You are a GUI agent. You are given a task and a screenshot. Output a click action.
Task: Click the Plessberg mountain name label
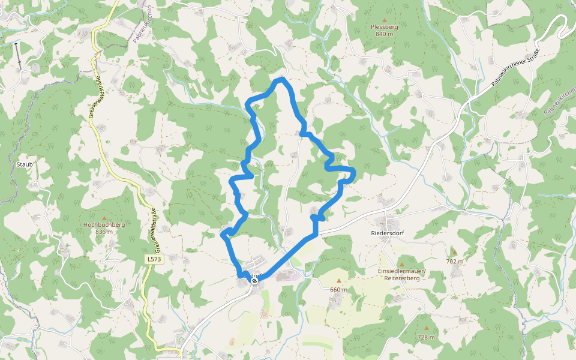[x=385, y=27]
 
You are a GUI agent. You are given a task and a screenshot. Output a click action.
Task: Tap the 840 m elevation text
[x=385, y=34]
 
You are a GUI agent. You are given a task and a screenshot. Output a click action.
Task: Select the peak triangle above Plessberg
[x=385, y=20]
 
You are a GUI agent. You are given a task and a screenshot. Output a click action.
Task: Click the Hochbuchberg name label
[x=104, y=224]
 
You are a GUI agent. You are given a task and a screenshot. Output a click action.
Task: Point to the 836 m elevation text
[x=104, y=232]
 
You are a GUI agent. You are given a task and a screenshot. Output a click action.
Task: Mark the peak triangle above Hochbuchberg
[x=104, y=217]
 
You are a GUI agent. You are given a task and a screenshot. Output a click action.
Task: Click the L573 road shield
[x=154, y=259]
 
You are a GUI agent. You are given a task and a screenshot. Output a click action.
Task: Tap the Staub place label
[x=24, y=164]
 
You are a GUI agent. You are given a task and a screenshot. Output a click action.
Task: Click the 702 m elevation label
[x=455, y=262]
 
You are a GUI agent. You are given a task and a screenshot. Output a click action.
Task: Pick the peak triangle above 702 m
[x=454, y=253]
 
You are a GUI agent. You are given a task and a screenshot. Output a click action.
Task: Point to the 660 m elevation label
[x=338, y=289]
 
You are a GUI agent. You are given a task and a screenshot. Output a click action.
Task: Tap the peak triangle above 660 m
[x=338, y=281]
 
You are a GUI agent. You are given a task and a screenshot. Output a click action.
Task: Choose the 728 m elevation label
[x=427, y=337]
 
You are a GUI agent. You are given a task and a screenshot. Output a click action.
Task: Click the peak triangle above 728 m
[x=427, y=329]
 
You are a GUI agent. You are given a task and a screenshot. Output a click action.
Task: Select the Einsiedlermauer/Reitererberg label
[x=401, y=275]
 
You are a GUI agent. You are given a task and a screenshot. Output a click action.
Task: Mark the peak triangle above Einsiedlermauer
[x=401, y=262]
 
